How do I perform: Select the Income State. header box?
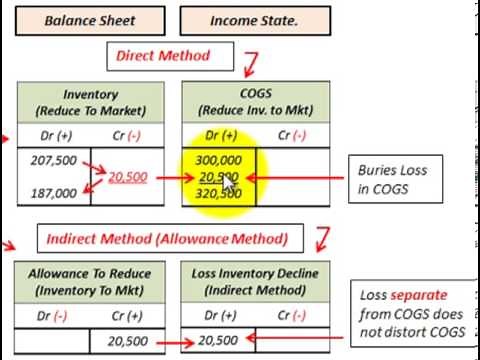click(250, 18)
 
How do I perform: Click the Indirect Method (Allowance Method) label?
click(167, 238)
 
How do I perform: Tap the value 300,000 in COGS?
click(218, 160)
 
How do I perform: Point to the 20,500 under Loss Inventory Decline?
click(218, 340)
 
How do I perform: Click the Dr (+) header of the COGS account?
click(218, 134)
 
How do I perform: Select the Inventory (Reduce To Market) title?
click(90, 101)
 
